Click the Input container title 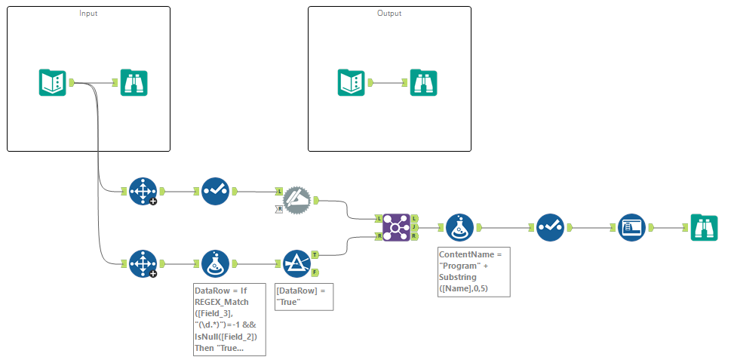tap(88, 14)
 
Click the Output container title tap(389, 14)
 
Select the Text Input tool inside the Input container tap(53, 82)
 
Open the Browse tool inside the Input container tap(134, 82)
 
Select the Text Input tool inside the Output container tap(350, 82)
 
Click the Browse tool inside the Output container tap(424, 82)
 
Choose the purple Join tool tap(395, 226)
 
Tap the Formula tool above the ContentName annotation tap(459, 226)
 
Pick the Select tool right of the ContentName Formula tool tap(550, 226)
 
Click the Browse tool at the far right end tap(705, 226)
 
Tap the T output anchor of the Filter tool tap(315, 255)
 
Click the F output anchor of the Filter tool tap(315, 272)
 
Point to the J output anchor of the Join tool tap(415, 226)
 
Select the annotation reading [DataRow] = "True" tap(303, 296)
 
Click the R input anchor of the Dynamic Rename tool tap(279, 208)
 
